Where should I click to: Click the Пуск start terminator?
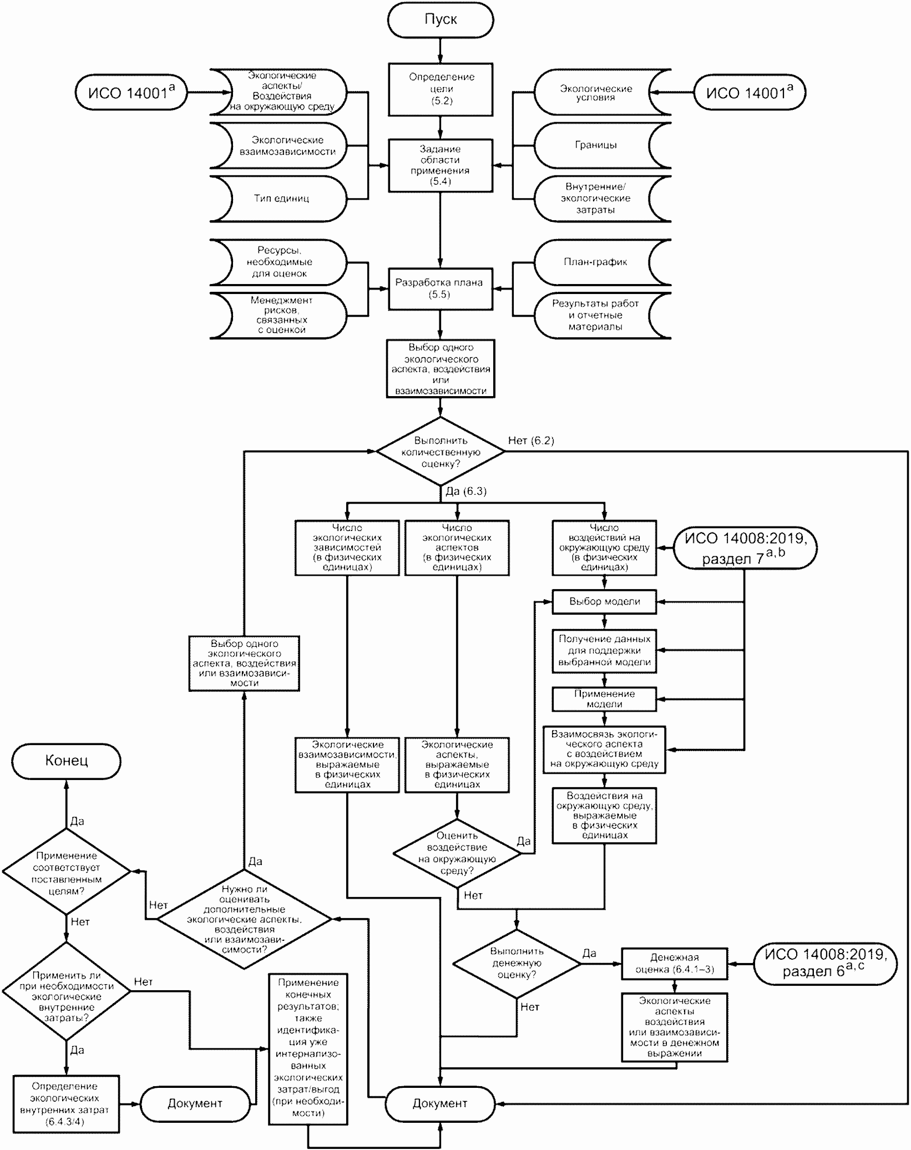[x=441, y=19]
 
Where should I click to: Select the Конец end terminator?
[x=66, y=761]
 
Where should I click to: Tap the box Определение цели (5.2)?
[x=441, y=89]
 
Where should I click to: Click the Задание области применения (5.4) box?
[x=441, y=165]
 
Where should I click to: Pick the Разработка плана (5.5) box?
[x=441, y=288]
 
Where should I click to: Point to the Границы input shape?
[x=595, y=145]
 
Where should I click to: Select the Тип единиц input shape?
[x=282, y=199]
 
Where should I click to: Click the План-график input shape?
[x=595, y=262]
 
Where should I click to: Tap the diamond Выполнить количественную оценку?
[x=441, y=452]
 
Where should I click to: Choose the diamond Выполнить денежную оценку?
[x=517, y=963]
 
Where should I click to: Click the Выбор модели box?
[x=604, y=602]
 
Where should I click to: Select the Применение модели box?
[x=604, y=699]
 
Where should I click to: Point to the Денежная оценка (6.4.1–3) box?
[x=674, y=964]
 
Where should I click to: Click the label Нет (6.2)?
[x=531, y=441]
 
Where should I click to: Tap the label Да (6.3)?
[x=466, y=492]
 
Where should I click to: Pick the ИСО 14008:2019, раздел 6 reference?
[x=824, y=963]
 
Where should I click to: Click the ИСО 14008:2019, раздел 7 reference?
[x=745, y=548]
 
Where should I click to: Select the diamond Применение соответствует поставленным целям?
[x=66, y=873]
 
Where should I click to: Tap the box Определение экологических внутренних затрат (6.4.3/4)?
[x=66, y=1104]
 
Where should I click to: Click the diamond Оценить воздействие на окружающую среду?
[x=457, y=853]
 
